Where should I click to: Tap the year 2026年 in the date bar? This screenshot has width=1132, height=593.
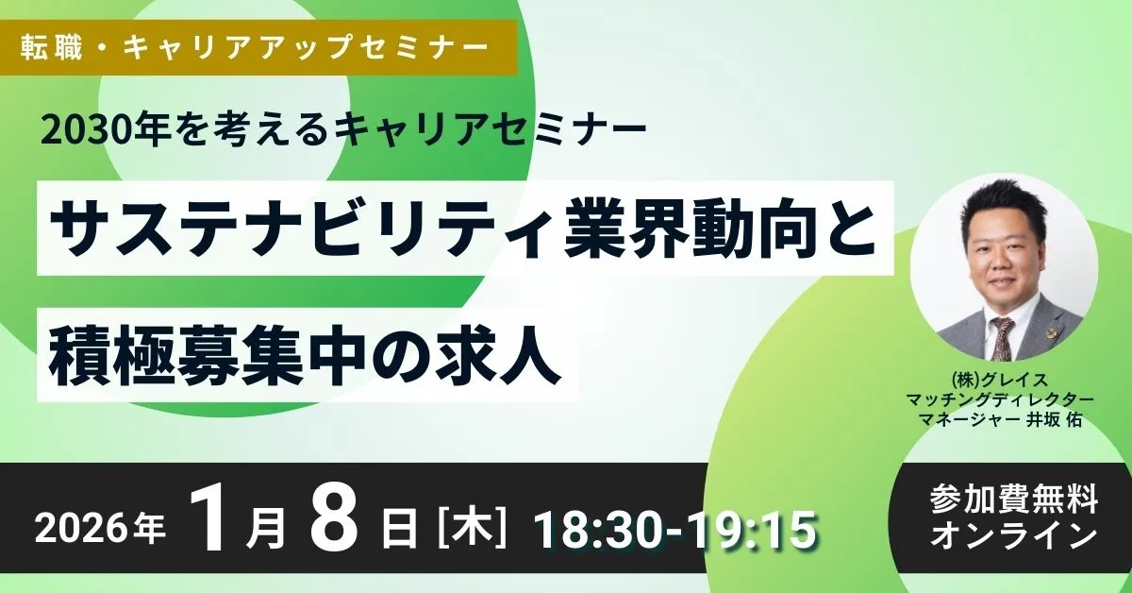click(100, 530)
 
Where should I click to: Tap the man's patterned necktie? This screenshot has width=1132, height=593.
click(1003, 336)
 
